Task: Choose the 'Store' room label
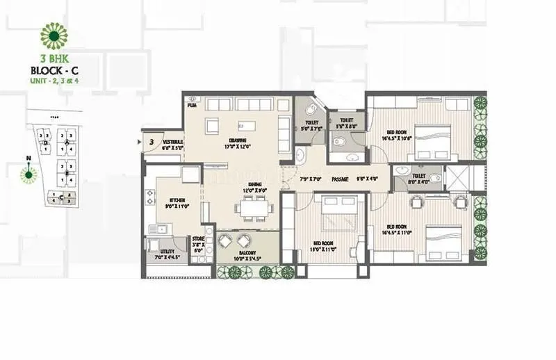coord(198,243)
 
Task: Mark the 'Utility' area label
coord(161,255)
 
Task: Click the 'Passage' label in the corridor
coord(339,179)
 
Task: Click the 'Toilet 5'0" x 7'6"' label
coord(308,124)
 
